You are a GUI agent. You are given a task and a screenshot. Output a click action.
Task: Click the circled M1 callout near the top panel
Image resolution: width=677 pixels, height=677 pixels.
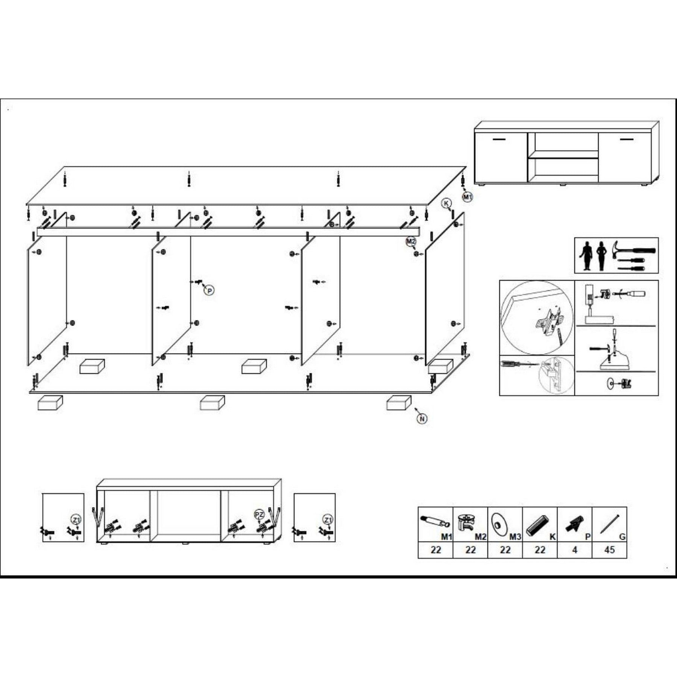click(467, 197)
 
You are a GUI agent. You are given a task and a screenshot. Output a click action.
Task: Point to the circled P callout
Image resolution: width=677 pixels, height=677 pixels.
click(210, 290)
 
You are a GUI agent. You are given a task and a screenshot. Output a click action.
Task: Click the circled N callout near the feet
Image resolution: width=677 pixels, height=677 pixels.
click(422, 419)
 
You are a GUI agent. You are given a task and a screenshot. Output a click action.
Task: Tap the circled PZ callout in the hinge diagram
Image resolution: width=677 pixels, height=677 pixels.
click(259, 514)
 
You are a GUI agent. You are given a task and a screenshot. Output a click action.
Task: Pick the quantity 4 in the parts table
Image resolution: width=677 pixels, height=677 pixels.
click(574, 550)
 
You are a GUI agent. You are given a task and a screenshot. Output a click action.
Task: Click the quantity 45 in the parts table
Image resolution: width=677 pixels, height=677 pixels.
click(609, 550)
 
